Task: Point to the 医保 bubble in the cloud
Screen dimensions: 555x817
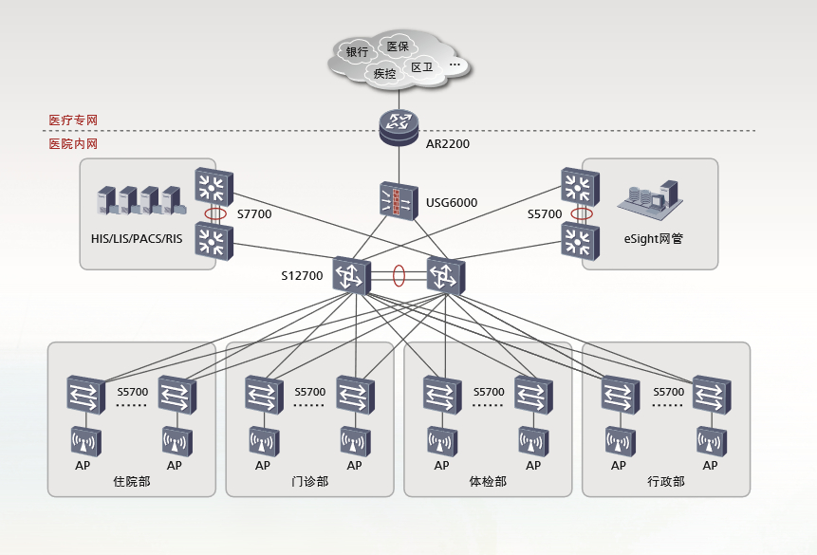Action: pos(398,46)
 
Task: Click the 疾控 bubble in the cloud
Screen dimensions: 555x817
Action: pos(384,73)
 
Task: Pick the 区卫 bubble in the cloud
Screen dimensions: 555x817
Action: pos(421,67)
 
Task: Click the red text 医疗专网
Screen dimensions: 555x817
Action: pos(73,120)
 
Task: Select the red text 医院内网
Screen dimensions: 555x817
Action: pos(73,144)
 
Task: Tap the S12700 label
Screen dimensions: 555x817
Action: pos(302,276)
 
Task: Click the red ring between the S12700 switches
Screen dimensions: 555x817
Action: pos(399,275)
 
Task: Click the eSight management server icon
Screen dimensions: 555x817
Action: pos(648,198)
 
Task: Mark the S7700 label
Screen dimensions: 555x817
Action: pos(253,214)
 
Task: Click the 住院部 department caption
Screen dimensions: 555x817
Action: pos(131,482)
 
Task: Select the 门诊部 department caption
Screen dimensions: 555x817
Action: pos(309,482)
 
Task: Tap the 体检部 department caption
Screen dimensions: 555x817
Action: pos(488,482)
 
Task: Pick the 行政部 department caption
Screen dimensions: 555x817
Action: pos(666,482)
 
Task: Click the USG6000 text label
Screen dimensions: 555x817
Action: pos(452,202)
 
